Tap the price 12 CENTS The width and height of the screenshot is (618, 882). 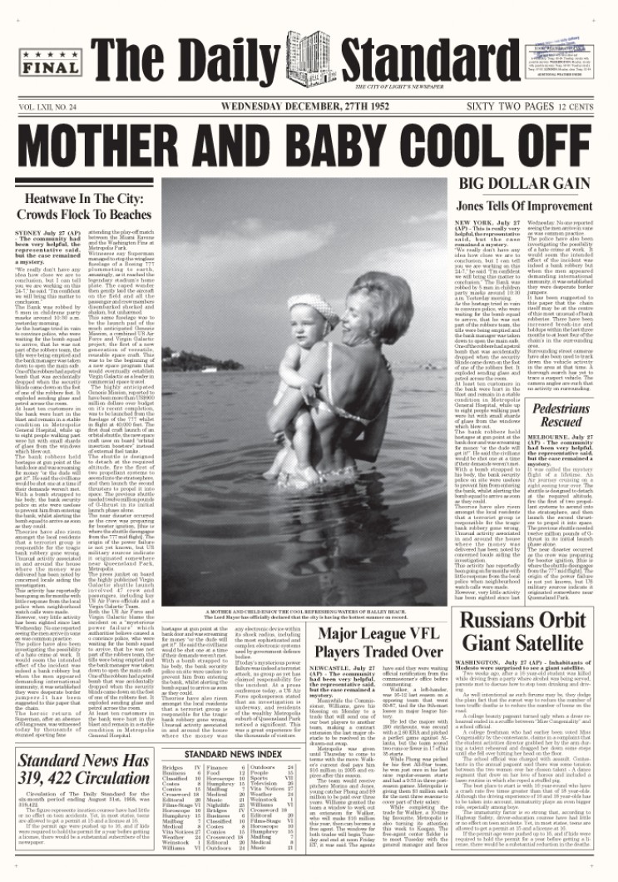pos(578,107)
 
